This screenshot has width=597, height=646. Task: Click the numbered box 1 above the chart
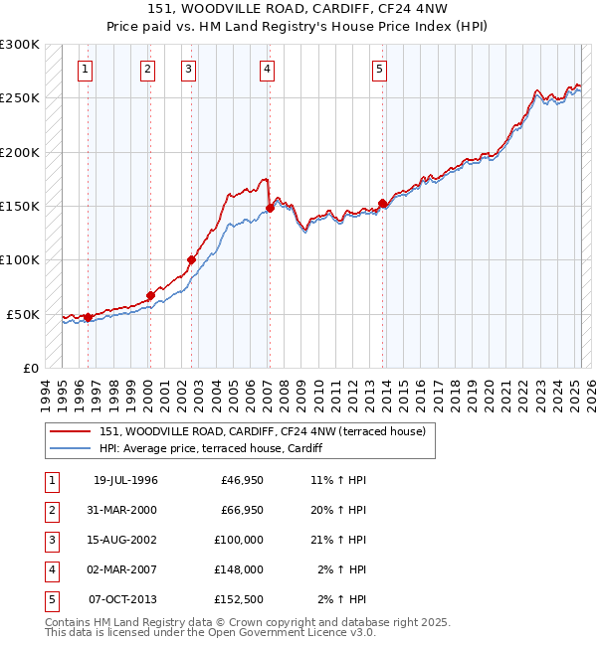tap(86, 69)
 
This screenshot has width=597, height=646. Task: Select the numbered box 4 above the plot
tap(268, 69)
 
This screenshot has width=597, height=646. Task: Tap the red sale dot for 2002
tap(191, 260)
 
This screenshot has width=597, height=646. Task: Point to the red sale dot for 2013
tap(382, 204)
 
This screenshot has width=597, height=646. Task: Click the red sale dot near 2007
tap(270, 209)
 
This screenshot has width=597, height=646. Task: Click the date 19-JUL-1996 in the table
tap(125, 480)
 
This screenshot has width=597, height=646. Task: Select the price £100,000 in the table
tap(238, 540)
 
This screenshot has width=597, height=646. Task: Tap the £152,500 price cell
tap(238, 599)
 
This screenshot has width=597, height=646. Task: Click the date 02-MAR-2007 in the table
tap(125, 569)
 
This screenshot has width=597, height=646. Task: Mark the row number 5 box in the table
tap(51, 599)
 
